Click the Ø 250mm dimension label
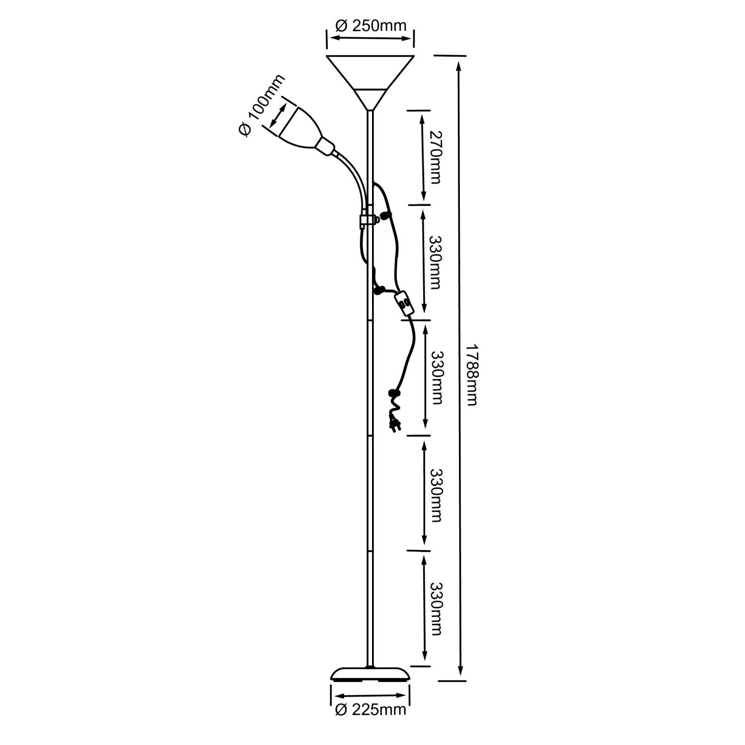coord(371,25)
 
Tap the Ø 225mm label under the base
coord(371,710)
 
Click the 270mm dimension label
coord(435,157)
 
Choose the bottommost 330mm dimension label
coord(435,608)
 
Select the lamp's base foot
coord(371,673)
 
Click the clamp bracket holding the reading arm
coord(367,221)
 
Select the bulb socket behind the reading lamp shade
coord(324,146)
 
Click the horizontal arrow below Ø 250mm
coord(371,38)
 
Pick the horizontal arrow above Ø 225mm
coord(371,696)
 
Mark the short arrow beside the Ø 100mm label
coord(278,114)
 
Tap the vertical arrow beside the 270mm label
coord(423,156)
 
